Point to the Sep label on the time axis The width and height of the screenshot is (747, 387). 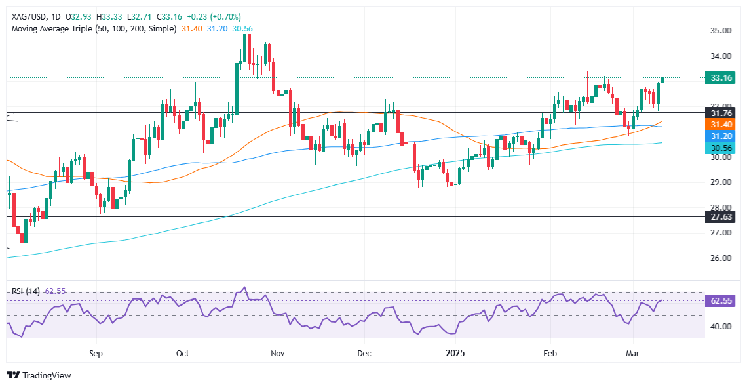96,354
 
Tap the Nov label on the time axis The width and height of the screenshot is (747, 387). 278,354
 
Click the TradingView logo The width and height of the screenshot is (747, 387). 39,375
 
